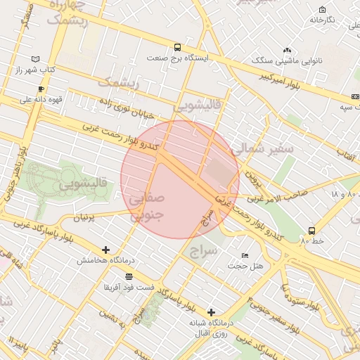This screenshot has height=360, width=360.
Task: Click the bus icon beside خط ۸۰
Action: [311, 230]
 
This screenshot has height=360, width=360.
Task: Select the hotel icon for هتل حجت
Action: [245, 255]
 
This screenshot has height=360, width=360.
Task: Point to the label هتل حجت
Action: [250, 265]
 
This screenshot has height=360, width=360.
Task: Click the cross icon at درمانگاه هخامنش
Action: [105, 250]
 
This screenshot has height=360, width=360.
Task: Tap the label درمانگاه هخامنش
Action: [105, 261]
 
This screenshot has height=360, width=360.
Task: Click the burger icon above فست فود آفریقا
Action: [128, 276]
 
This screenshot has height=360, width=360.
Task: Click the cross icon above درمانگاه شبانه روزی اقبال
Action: [211, 311]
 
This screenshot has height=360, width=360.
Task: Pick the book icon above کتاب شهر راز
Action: [36, 59]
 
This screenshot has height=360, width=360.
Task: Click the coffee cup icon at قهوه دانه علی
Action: [41, 89]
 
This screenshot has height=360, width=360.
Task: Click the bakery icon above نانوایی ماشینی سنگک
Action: [287, 50]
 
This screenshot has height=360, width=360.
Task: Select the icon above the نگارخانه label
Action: [322, 9]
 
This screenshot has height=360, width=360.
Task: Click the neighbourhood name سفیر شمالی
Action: [262, 148]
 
